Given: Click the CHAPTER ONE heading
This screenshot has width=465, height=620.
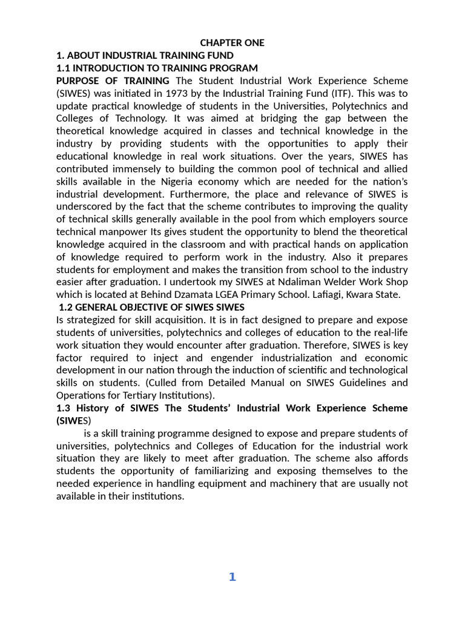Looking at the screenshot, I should click(x=232, y=43).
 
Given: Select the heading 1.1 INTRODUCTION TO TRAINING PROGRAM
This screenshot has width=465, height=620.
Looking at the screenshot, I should click(x=157, y=68).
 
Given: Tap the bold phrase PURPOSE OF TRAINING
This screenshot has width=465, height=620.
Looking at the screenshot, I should click(x=113, y=81).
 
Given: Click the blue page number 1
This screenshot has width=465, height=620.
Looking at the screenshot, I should click(x=232, y=577).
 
